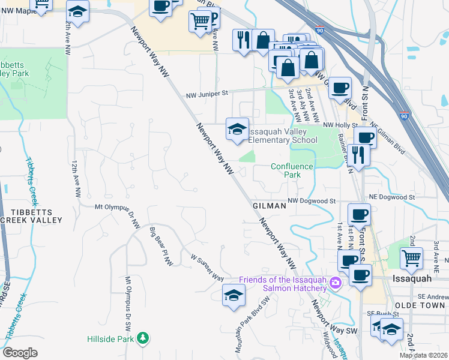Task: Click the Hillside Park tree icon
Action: pyautogui.click(x=143, y=338)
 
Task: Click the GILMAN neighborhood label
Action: pyautogui.click(x=268, y=205)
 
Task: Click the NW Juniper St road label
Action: pyautogui.click(x=207, y=94)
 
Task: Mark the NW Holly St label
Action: pyautogui.click(x=340, y=125)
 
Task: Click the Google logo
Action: pyautogui.click(x=20, y=353)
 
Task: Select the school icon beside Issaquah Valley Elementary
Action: pyautogui.click(x=237, y=129)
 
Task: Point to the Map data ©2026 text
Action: pyautogui.click(x=424, y=355)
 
